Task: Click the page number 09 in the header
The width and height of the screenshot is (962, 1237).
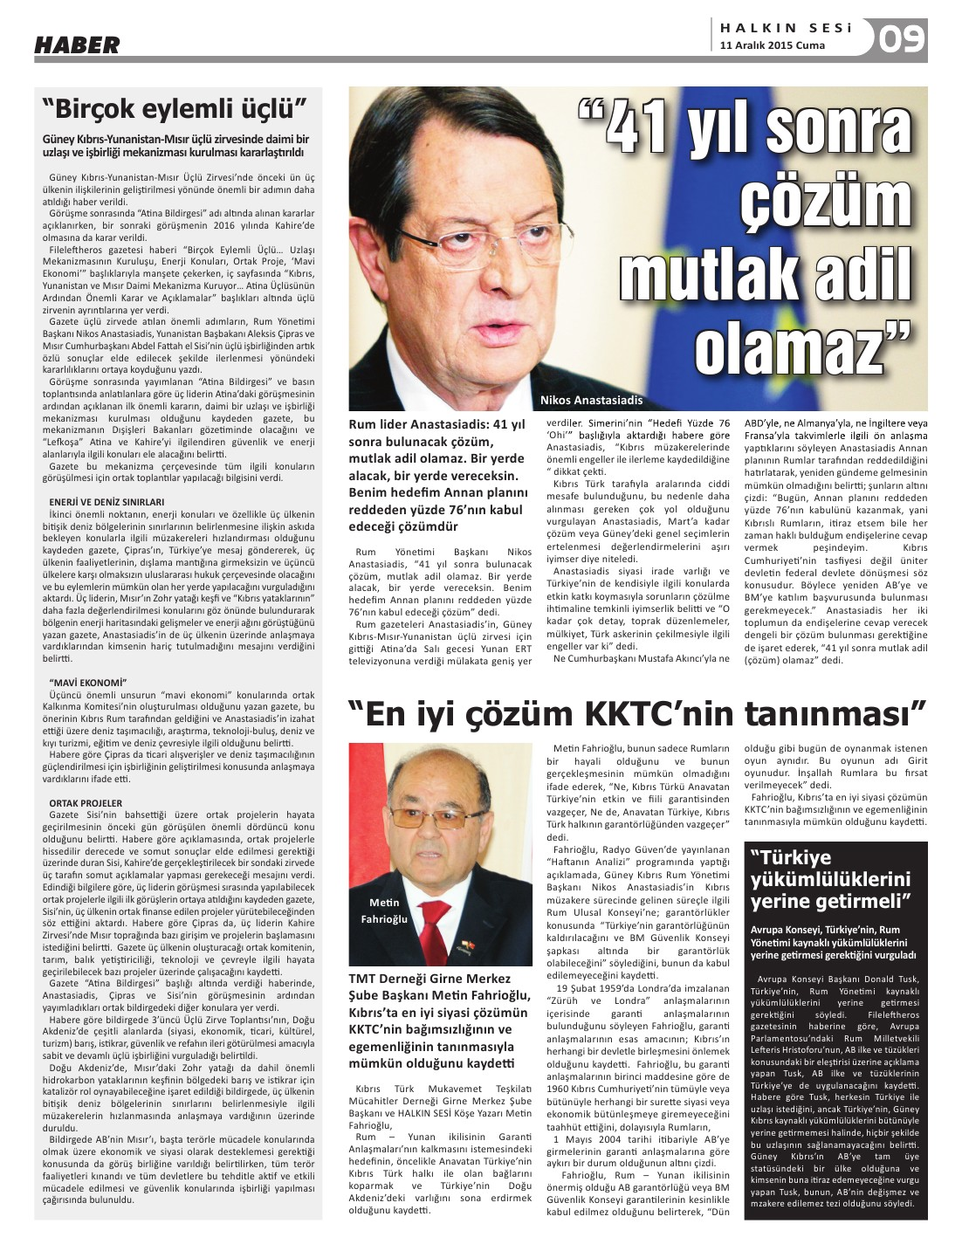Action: coord(901,39)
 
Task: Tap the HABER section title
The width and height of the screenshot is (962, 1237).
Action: coord(77,45)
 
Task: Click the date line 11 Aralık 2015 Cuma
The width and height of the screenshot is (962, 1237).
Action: coord(773,45)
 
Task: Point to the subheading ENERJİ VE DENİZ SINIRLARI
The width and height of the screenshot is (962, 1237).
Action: coord(107,502)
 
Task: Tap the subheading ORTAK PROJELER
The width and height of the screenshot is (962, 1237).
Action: coord(86,802)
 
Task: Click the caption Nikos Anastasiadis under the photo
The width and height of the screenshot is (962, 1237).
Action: coord(591,400)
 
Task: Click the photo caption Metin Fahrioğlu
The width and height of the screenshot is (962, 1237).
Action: coord(384,911)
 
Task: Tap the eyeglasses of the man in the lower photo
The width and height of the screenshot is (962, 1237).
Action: coord(443,821)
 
